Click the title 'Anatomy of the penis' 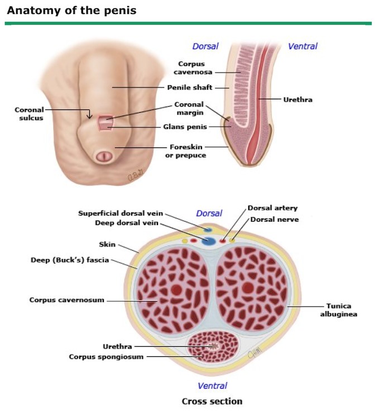[x=71, y=11]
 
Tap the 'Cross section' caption [x=212, y=401]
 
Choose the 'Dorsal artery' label [x=273, y=208]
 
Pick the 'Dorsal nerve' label [x=273, y=219]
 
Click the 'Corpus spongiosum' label [x=107, y=356]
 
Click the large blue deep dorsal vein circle [x=209, y=241]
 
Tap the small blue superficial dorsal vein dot [x=207, y=229]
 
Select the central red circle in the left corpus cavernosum [x=176, y=290]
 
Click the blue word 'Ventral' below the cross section [x=212, y=386]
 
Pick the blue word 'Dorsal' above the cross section [x=209, y=213]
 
